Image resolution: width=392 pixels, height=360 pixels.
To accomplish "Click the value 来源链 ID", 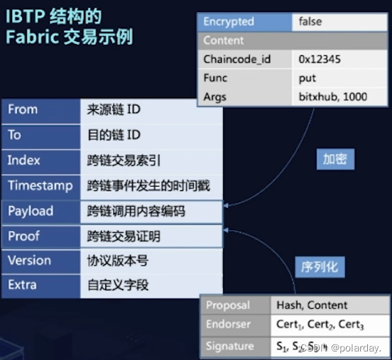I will tap(114, 109).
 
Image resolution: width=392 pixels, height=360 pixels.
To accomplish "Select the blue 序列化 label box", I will tap(320, 268).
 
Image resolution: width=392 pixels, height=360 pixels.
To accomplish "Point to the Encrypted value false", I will tap(310, 22).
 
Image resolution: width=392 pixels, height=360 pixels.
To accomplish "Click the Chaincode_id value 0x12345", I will tap(320, 59).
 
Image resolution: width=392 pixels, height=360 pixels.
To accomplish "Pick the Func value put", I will tap(307, 77).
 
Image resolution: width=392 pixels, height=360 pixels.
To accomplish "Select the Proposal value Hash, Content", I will tap(312, 305).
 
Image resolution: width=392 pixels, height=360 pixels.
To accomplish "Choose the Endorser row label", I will tap(229, 326).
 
